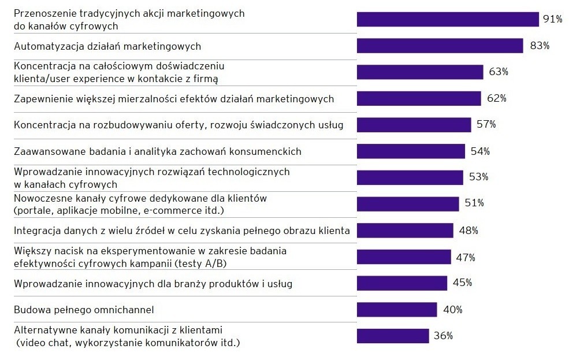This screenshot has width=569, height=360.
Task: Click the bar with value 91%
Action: pyautogui.click(x=448, y=19)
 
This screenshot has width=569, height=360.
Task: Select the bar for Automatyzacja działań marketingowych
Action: pyautogui.click(x=440, y=46)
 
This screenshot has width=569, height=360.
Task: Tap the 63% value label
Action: pyautogui.click(x=499, y=72)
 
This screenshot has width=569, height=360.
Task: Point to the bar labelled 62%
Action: pyautogui.click(x=419, y=98)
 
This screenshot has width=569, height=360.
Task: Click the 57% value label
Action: pyautogui.click(x=486, y=125)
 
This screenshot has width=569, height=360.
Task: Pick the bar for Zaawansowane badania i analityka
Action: pyautogui.click(x=411, y=151)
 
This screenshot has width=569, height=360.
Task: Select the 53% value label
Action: pyautogui.click(x=479, y=177)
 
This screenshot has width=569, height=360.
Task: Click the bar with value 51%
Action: pyautogui.click(x=408, y=204)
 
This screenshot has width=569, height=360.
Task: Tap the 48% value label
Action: pyautogui.click(x=468, y=231)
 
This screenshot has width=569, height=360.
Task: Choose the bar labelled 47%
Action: pyautogui.click(x=404, y=257)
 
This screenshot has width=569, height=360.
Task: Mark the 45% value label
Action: pyautogui.click(x=463, y=283)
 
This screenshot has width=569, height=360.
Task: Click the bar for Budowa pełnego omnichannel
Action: pyautogui.click(x=397, y=310)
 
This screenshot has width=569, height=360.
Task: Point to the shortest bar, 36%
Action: pyautogui.click(x=393, y=336)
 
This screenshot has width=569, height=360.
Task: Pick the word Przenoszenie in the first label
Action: pyautogui.click(x=43, y=13)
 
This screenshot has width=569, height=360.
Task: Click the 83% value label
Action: pyautogui.click(x=539, y=46)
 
